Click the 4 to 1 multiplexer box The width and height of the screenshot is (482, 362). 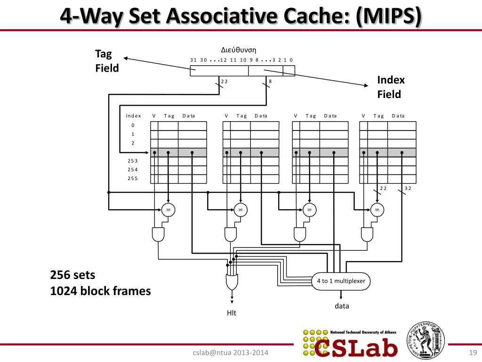pyautogui.click(x=341, y=281)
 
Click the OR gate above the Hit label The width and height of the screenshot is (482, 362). pyautogui.click(x=232, y=282)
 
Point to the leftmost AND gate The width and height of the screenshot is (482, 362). pyautogui.click(x=159, y=233)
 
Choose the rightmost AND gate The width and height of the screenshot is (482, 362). pyautogui.click(x=367, y=233)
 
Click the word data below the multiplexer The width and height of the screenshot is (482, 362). pyautogui.click(x=342, y=306)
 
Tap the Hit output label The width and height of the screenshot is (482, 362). pyautogui.click(x=232, y=313)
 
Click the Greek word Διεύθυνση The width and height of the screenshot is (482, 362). pyautogui.click(x=239, y=50)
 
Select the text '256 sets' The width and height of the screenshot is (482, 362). pyautogui.click(x=72, y=275)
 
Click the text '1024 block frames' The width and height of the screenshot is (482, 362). pyautogui.click(x=100, y=291)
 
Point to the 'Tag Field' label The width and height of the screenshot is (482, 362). pyautogui.click(x=107, y=61)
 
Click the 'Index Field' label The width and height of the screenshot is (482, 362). pyautogui.click(x=391, y=87)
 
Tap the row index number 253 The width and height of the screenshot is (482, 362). pyautogui.click(x=133, y=161)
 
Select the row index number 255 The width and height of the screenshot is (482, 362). pyautogui.click(x=133, y=178)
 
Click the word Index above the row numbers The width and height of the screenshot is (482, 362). pyautogui.click(x=133, y=116)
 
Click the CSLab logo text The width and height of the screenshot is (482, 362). pyautogui.click(x=356, y=348)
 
